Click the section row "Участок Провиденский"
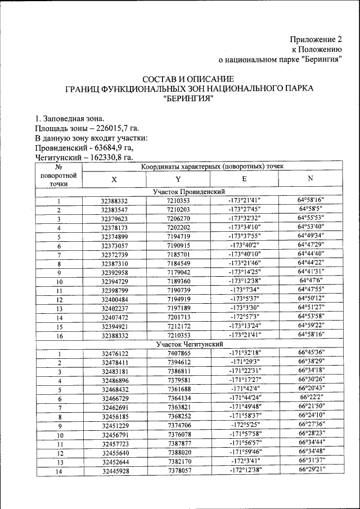[x=189, y=192]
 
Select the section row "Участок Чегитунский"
[x=189, y=344]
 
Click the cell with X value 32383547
[x=115, y=210]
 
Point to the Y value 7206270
[x=178, y=219]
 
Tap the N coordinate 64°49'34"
[x=310, y=237]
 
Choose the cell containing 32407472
[x=115, y=318]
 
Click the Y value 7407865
[x=178, y=353]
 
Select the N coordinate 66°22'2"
[x=310, y=398]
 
